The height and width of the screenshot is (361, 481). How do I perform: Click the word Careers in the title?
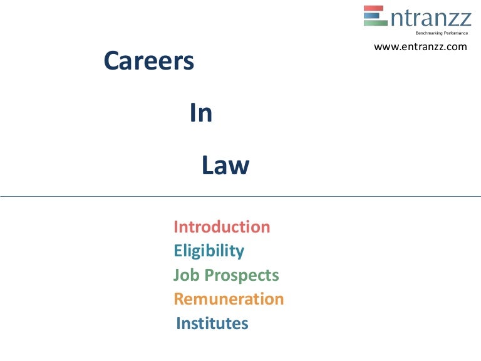(148, 61)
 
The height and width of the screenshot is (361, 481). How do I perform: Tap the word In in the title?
(201, 113)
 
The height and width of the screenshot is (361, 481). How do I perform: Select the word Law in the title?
(225, 166)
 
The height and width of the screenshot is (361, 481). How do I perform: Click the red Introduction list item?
(222, 227)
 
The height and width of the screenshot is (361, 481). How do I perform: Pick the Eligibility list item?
(209, 251)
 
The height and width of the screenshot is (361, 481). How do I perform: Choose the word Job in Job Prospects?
(184, 275)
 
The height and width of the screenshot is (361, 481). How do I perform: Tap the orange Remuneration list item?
(229, 299)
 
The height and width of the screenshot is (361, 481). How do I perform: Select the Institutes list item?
(212, 323)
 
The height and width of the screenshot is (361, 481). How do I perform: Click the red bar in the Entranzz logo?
(375, 8)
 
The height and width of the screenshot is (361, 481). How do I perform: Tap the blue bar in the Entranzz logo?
(375, 15)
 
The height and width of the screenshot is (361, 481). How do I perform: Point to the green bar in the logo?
(375, 23)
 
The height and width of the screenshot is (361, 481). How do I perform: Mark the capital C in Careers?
(111, 61)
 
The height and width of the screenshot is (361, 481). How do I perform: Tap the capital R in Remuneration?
(179, 299)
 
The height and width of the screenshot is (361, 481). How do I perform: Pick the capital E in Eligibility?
(178, 251)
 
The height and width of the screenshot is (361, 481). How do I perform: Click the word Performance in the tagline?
(452, 32)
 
